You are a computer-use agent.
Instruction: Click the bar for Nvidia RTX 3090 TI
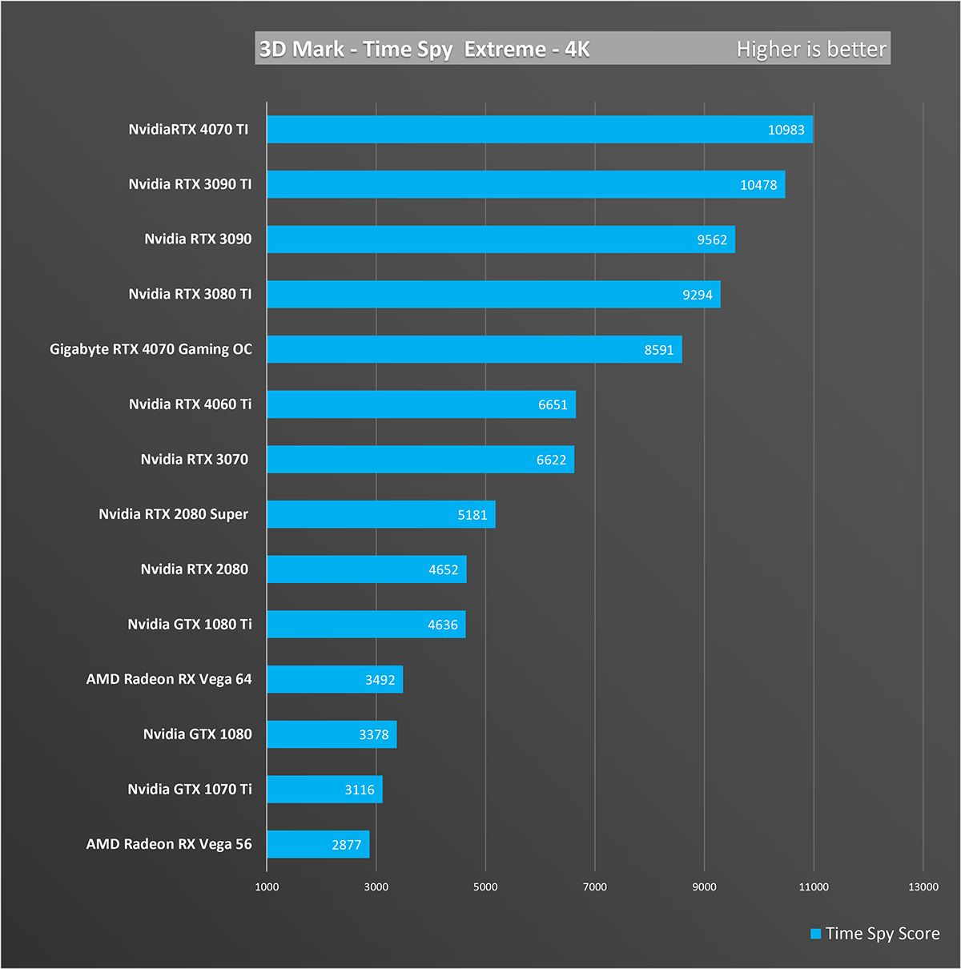(525, 184)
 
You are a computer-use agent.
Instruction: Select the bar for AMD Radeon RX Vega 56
(318, 844)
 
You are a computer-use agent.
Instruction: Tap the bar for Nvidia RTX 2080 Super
(380, 514)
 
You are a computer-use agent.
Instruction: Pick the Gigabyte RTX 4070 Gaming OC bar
(474, 349)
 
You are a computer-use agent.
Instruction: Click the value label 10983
(786, 130)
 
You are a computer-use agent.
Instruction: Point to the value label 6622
(551, 460)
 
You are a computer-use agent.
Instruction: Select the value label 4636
(442, 625)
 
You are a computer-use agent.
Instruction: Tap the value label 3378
(373, 734)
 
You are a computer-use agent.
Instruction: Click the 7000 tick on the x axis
(594, 887)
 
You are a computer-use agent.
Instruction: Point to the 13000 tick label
(923, 887)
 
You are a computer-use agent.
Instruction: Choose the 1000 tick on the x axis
(267, 887)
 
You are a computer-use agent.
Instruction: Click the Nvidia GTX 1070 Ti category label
(190, 789)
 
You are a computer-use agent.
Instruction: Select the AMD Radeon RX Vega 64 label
(169, 679)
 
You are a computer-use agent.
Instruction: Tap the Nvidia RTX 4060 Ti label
(190, 404)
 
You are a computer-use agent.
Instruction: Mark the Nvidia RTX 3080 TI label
(190, 294)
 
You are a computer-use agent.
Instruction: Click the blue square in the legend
(816, 934)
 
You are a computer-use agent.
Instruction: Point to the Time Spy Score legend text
(883, 934)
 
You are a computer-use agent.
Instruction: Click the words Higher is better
(811, 49)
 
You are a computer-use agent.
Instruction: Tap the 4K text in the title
(577, 49)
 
